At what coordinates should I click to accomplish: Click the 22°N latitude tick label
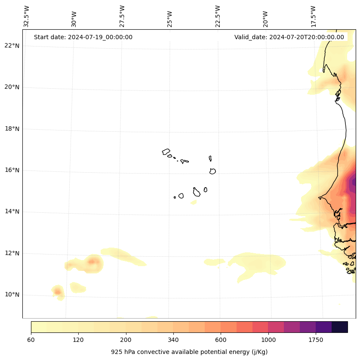point(12,46)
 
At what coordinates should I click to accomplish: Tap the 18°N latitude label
point(12,129)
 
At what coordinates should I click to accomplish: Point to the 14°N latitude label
point(12,211)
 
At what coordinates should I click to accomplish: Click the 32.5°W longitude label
point(27,16)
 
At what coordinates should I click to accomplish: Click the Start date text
point(83,37)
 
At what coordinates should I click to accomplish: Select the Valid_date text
point(289,37)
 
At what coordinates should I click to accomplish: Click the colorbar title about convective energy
point(189,352)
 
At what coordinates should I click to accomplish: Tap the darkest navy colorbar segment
point(339,327)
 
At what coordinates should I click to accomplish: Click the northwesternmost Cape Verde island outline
point(166,152)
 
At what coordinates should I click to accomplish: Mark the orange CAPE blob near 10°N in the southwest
point(58,291)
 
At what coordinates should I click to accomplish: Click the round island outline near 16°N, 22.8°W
point(212,171)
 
